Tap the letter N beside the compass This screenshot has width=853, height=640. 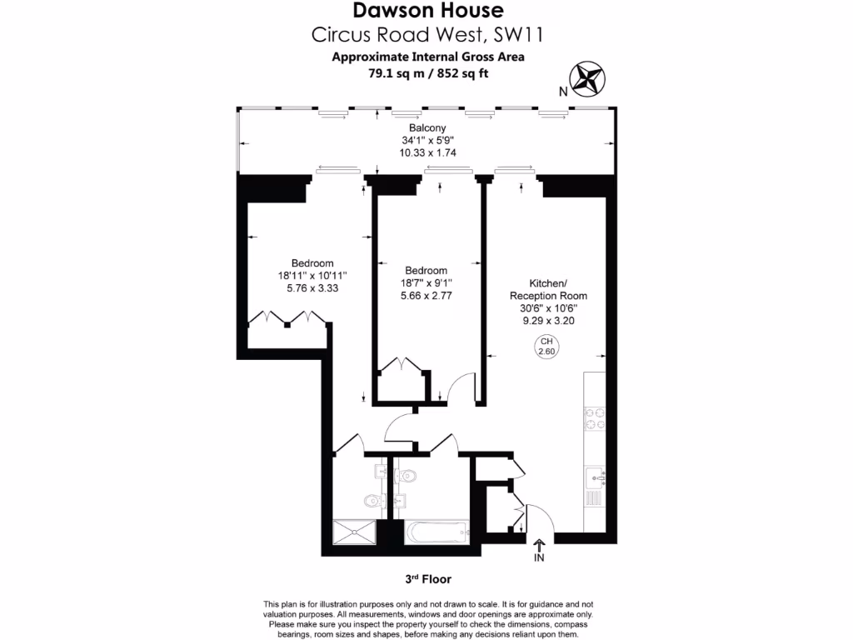[x=564, y=92]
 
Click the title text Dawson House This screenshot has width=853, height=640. [x=428, y=11]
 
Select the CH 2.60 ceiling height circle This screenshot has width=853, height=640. [x=546, y=346]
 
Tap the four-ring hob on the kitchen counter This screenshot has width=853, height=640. [x=596, y=417]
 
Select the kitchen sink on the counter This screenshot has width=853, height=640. [x=595, y=477]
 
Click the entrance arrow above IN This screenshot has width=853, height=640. [x=538, y=545]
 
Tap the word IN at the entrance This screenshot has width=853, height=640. [x=538, y=559]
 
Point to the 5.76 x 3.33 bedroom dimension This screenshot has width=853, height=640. [x=312, y=288]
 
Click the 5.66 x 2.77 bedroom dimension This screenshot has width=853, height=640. [x=426, y=295]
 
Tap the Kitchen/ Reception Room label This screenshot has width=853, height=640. [x=548, y=289]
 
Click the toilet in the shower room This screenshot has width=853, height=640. [x=372, y=501]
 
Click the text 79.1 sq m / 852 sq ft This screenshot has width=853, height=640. [x=428, y=72]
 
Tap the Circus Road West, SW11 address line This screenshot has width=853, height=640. [x=428, y=35]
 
